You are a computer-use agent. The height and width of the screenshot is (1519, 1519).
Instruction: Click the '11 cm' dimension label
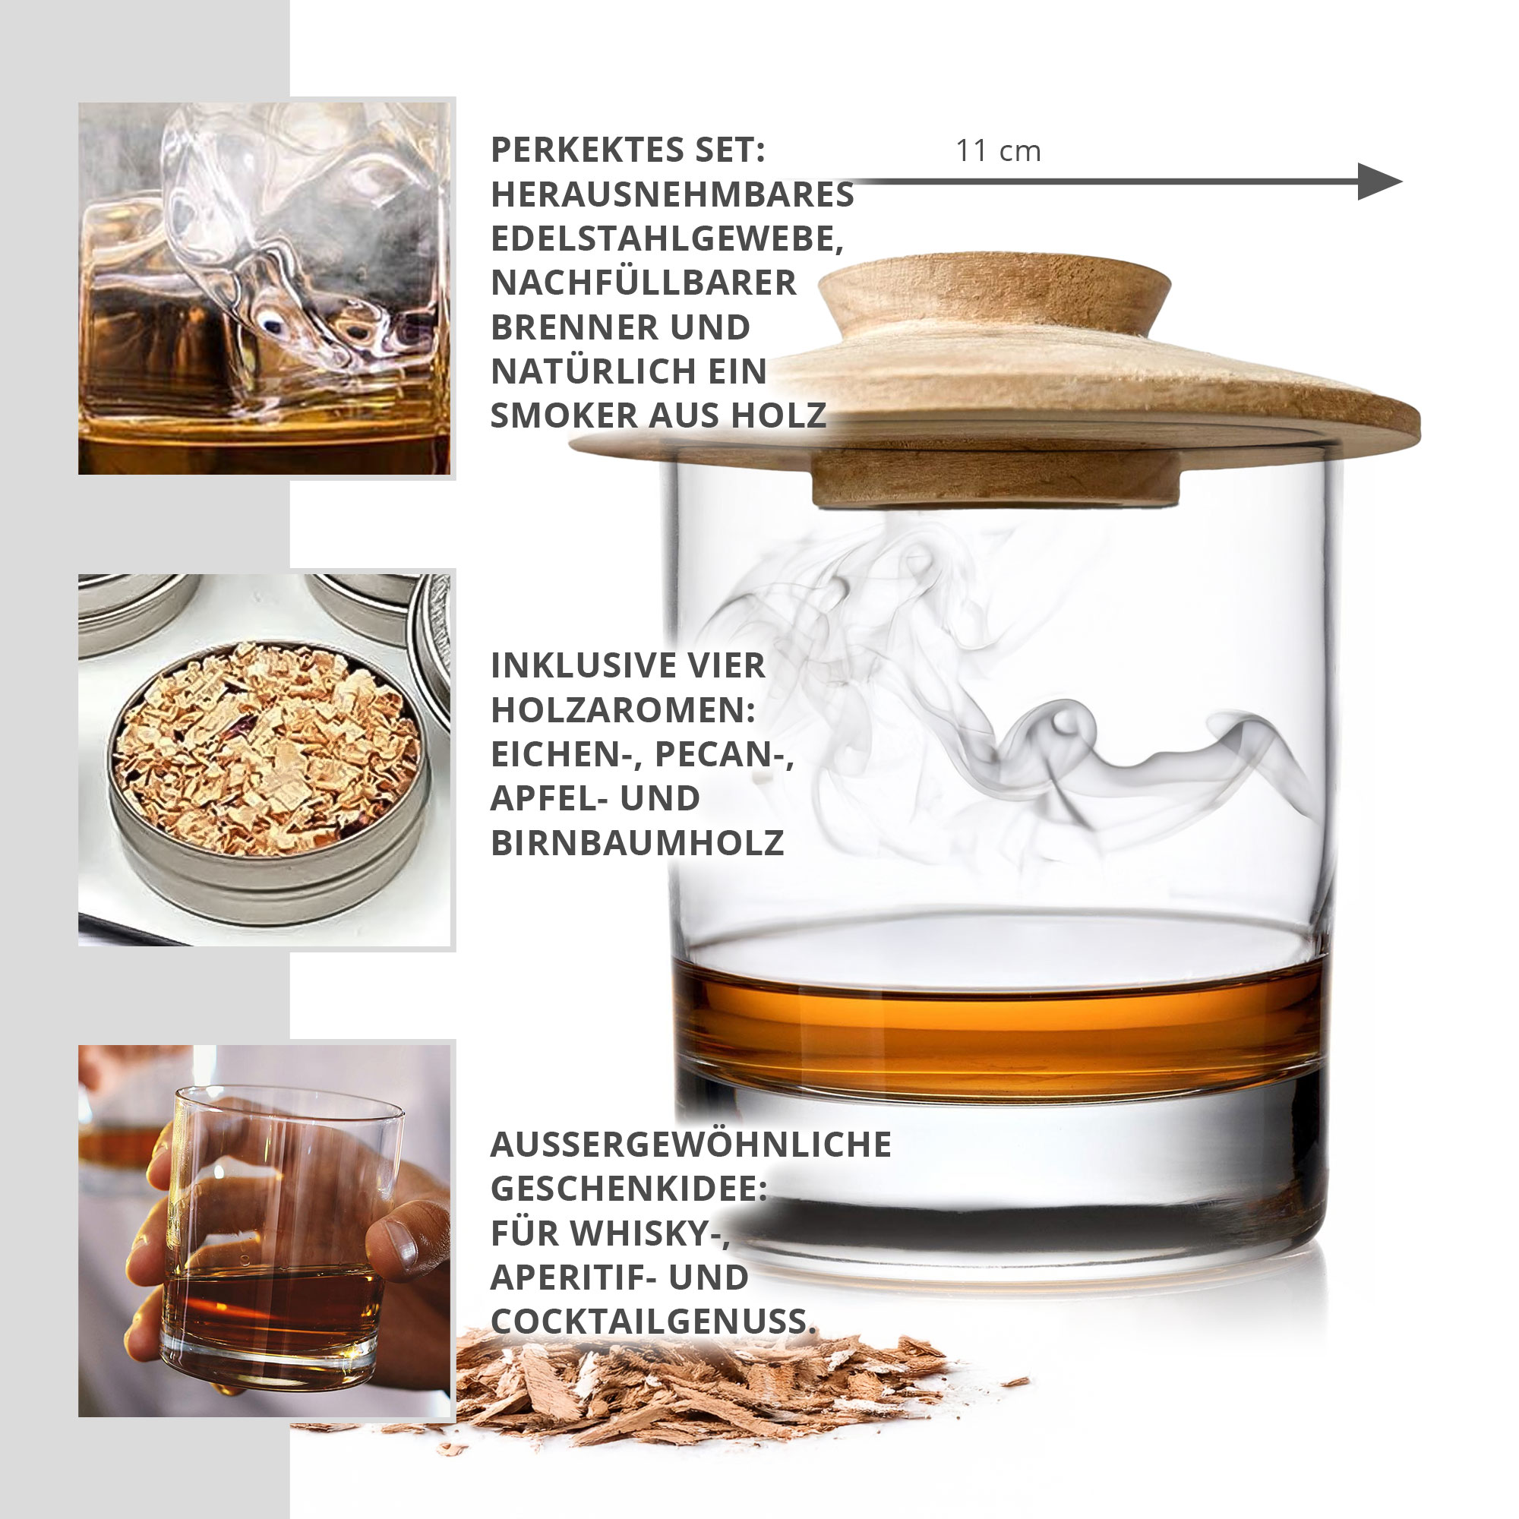[x=998, y=151]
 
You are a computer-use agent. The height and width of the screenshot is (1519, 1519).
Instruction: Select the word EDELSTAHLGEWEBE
[x=667, y=238]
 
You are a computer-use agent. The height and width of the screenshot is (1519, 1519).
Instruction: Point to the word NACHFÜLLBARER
[x=643, y=283]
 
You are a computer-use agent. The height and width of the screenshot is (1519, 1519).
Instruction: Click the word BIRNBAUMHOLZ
[x=637, y=843]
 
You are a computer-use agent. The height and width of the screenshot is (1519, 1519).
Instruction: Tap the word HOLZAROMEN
[x=623, y=710]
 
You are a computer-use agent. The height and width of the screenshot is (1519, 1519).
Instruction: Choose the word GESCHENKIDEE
[x=627, y=1189]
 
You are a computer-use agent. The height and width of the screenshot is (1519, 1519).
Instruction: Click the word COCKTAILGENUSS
[x=652, y=1322]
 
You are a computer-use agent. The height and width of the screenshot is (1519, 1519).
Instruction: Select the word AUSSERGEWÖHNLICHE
[x=690, y=1145]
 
